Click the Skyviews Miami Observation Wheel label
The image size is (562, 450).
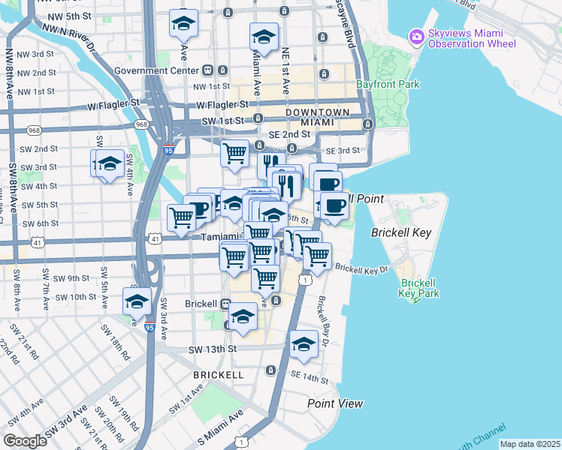[473, 39]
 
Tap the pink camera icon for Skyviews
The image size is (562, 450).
[416, 36]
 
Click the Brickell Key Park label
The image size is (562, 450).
[419, 288]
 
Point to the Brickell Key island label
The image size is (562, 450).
[401, 232]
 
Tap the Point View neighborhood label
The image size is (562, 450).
[335, 403]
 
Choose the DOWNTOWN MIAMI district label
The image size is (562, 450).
[316, 117]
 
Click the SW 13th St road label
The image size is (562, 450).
[212, 349]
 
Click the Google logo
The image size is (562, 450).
[25, 440]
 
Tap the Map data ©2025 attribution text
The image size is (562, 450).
[530, 444]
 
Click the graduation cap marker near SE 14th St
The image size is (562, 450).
[304, 344]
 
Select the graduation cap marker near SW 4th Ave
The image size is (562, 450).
[110, 163]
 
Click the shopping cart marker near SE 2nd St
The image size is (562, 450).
[235, 154]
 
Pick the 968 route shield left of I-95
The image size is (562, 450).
[141, 124]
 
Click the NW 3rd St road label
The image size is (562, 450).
[38, 54]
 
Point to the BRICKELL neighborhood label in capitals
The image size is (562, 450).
[219, 374]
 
